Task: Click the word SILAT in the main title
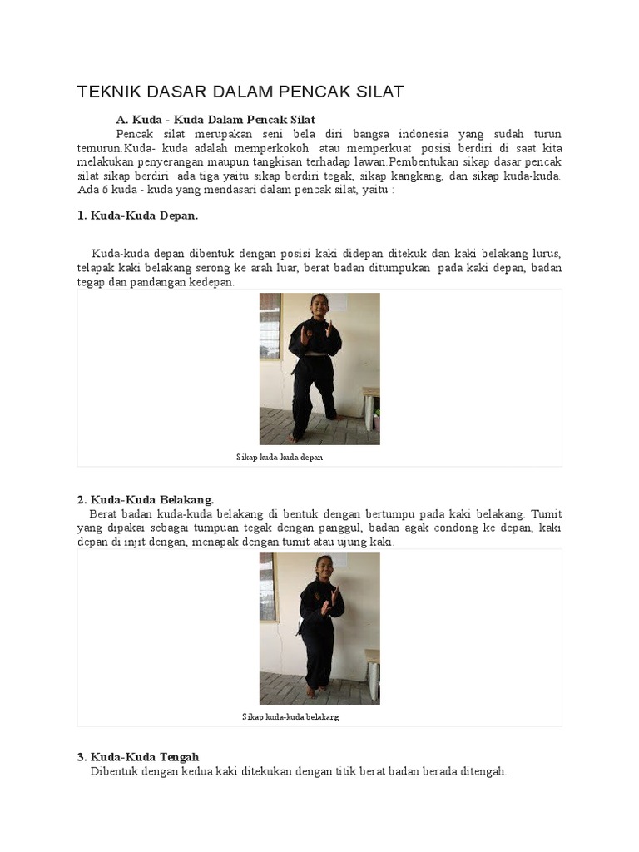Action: point(379,92)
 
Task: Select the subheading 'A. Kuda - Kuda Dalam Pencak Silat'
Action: point(215,120)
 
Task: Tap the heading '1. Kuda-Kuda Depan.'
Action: point(137,215)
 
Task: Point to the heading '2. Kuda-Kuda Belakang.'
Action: point(146,500)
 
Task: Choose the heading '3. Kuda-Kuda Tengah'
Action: point(138,757)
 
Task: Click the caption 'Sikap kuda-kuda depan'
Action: point(280,458)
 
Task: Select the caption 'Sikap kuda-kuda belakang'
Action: point(290,717)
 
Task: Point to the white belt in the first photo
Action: point(313,354)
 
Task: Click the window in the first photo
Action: point(270,326)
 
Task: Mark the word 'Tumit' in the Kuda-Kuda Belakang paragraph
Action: point(546,514)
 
